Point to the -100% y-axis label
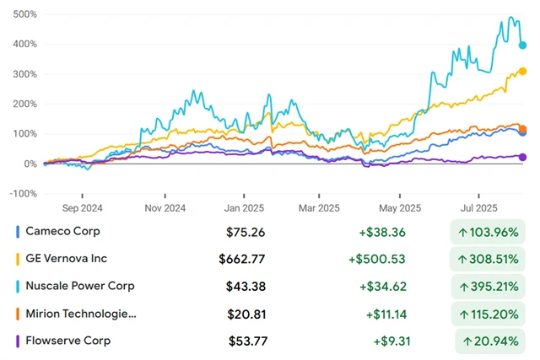22,193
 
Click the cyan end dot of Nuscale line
523,46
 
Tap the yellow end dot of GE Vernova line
523,72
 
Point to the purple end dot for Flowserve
522,157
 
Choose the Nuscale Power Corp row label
80,286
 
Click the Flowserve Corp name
67,341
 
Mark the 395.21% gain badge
488,287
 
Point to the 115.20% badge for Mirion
488,314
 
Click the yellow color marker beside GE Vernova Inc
18,259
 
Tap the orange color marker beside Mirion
18,314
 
